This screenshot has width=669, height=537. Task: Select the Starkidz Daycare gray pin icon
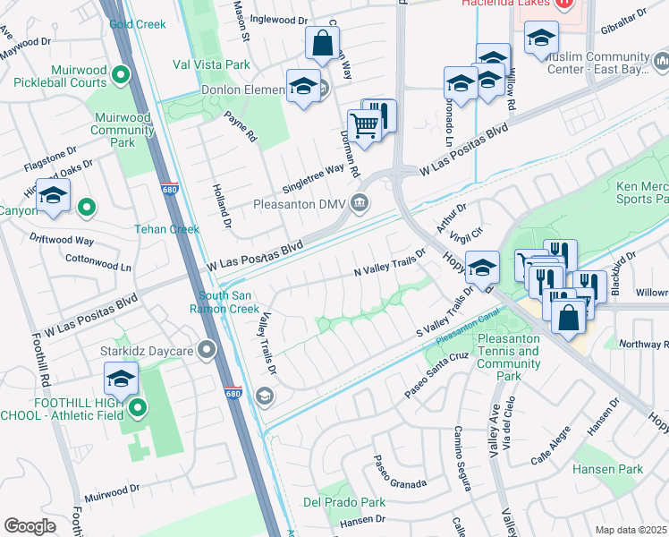207,349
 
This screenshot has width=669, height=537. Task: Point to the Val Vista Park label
213,64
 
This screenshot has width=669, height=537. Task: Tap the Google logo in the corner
30,526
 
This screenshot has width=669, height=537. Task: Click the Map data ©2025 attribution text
630,530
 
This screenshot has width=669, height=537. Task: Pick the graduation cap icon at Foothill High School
121,377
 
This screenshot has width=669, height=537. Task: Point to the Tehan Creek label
166,229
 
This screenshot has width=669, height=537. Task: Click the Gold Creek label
131,23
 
